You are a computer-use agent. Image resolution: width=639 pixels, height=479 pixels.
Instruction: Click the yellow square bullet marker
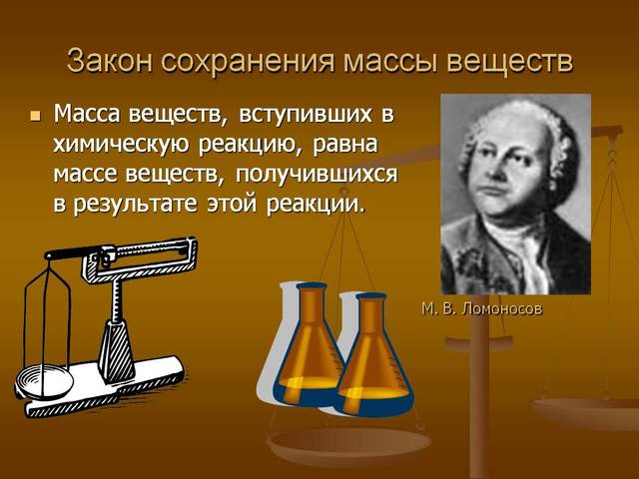click(36, 116)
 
